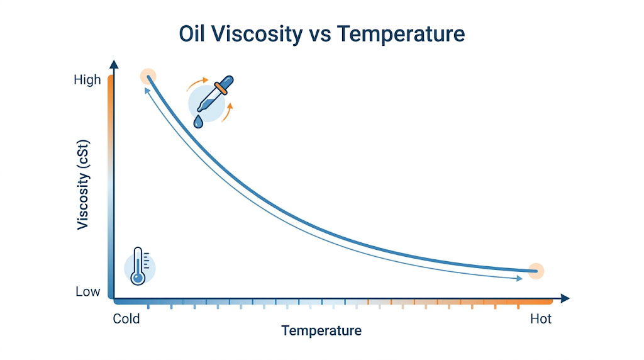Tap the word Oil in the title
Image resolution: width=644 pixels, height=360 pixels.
tap(191, 34)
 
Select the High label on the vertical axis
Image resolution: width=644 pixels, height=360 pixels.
tap(87, 80)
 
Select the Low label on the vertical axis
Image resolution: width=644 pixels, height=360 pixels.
tap(87, 291)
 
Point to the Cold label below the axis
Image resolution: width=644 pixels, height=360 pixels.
tap(126, 318)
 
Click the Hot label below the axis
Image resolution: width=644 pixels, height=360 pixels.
tap(540, 318)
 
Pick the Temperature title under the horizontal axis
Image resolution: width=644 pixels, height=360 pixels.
tap(321, 330)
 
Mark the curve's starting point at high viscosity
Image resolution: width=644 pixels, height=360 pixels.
tap(148, 77)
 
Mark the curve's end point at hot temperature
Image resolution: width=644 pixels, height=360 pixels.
tap(535, 271)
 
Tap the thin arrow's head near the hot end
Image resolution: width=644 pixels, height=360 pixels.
tap(519, 278)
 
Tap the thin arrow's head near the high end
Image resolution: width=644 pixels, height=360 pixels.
tap(146, 91)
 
